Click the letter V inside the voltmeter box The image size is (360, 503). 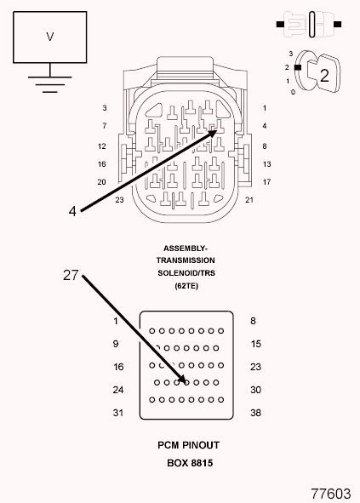tap(49, 37)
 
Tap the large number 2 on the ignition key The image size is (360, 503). tap(324, 76)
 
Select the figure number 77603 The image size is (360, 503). tap(331, 494)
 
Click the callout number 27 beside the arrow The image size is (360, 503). tap(71, 275)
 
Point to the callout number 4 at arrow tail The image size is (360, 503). tap(72, 211)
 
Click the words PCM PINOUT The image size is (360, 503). tap(188, 445)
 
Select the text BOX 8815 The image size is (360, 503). tap(190, 463)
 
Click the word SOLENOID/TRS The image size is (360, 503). tap(186, 273)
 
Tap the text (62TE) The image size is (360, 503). tap(186, 285)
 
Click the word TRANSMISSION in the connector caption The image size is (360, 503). tap(186, 260)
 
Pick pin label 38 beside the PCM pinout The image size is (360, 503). tap(255, 413)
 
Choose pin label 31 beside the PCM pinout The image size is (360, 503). tap(118, 413)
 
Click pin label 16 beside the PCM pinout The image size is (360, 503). tap(118, 367)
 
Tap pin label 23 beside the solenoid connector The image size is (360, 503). tap(119, 200)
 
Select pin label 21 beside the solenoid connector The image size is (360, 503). tap(249, 200)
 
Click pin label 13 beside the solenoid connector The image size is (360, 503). tap(266, 164)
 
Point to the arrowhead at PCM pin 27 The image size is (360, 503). tap(182, 379)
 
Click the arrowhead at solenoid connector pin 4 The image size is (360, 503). tap(213, 133)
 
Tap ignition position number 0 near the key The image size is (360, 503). tap(293, 92)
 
